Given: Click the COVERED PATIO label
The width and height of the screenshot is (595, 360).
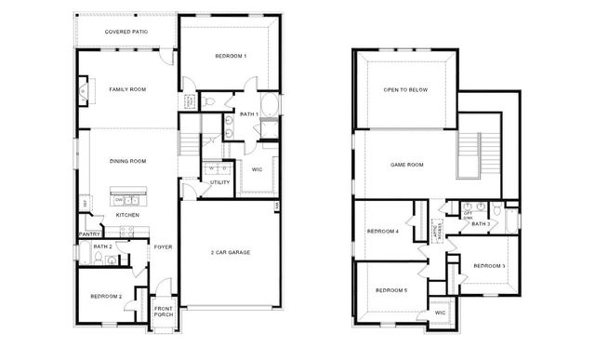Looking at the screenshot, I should pyautogui.click(x=126, y=32).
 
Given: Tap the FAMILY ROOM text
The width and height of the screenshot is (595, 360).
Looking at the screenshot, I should pyautogui.click(x=127, y=89).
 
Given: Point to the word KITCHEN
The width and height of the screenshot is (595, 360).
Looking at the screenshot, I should pyautogui.click(x=127, y=215).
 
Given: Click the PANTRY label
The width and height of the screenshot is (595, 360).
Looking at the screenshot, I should pyautogui.click(x=89, y=234).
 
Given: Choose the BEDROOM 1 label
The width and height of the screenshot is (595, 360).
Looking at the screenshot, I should pyautogui.click(x=231, y=57).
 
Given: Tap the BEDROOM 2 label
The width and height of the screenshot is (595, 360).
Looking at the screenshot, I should pyautogui.click(x=106, y=296).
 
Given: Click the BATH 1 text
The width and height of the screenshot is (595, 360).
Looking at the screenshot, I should pyautogui.click(x=248, y=114).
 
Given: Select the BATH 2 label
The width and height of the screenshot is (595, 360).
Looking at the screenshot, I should pyautogui.click(x=102, y=246).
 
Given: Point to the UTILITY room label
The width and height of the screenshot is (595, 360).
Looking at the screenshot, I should pyautogui.click(x=219, y=182).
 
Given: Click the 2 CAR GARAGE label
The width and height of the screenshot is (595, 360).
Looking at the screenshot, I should pyautogui.click(x=231, y=252).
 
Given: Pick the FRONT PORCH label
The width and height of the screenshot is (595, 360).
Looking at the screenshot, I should pyautogui.click(x=163, y=312).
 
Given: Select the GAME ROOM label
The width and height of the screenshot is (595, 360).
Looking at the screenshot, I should pyautogui.click(x=405, y=165).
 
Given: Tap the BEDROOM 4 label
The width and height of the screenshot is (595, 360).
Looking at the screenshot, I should pyautogui.click(x=382, y=231).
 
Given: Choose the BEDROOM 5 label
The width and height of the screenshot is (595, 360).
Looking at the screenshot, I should pyautogui.click(x=390, y=291).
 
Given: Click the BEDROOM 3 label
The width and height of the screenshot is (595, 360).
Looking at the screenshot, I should pyautogui.click(x=489, y=266).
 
